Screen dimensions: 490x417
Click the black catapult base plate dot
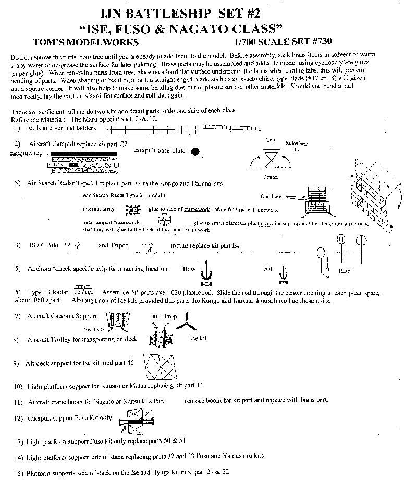point(195,152)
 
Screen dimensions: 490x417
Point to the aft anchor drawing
point(284,271)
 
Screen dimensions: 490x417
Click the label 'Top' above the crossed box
point(271,140)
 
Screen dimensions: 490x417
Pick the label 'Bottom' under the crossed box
point(271,177)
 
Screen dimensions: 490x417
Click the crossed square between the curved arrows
point(271,159)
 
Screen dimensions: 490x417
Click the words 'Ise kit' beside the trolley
point(197,338)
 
